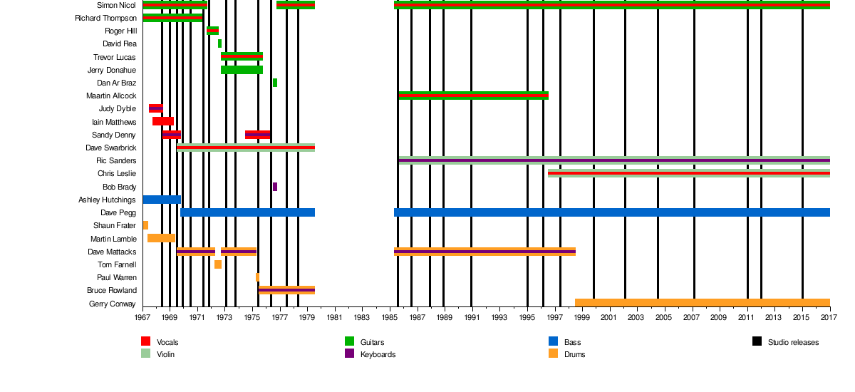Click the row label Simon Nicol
pyautogui.click(x=116, y=5)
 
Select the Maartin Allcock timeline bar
pyautogui.click(x=473, y=96)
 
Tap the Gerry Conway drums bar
pyautogui.click(x=702, y=303)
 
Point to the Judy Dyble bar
pyautogui.click(x=155, y=108)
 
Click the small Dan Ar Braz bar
pyautogui.click(x=275, y=83)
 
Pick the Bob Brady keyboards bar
pyautogui.click(x=275, y=187)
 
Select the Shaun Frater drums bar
pyautogui.click(x=145, y=225)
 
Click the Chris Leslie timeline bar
pyautogui.click(x=688, y=173)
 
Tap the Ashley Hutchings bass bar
pyautogui.click(x=162, y=200)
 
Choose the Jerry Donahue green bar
pyautogui.click(x=242, y=70)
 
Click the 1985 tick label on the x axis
pyautogui.click(x=389, y=317)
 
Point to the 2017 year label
pyautogui.click(x=829, y=317)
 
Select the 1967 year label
pyautogui.click(x=143, y=317)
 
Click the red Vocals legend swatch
pyautogui.click(x=146, y=341)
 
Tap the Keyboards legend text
pyautogui.click(x=378, y=354)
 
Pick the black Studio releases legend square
pyautogui.click(x=757, y=341)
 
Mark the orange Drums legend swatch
pyautogui.click(x=554, y=354)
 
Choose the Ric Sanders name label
pyautogui.click(x=116, y=160)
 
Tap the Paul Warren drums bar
pyautogui.click(x=257, y=277)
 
